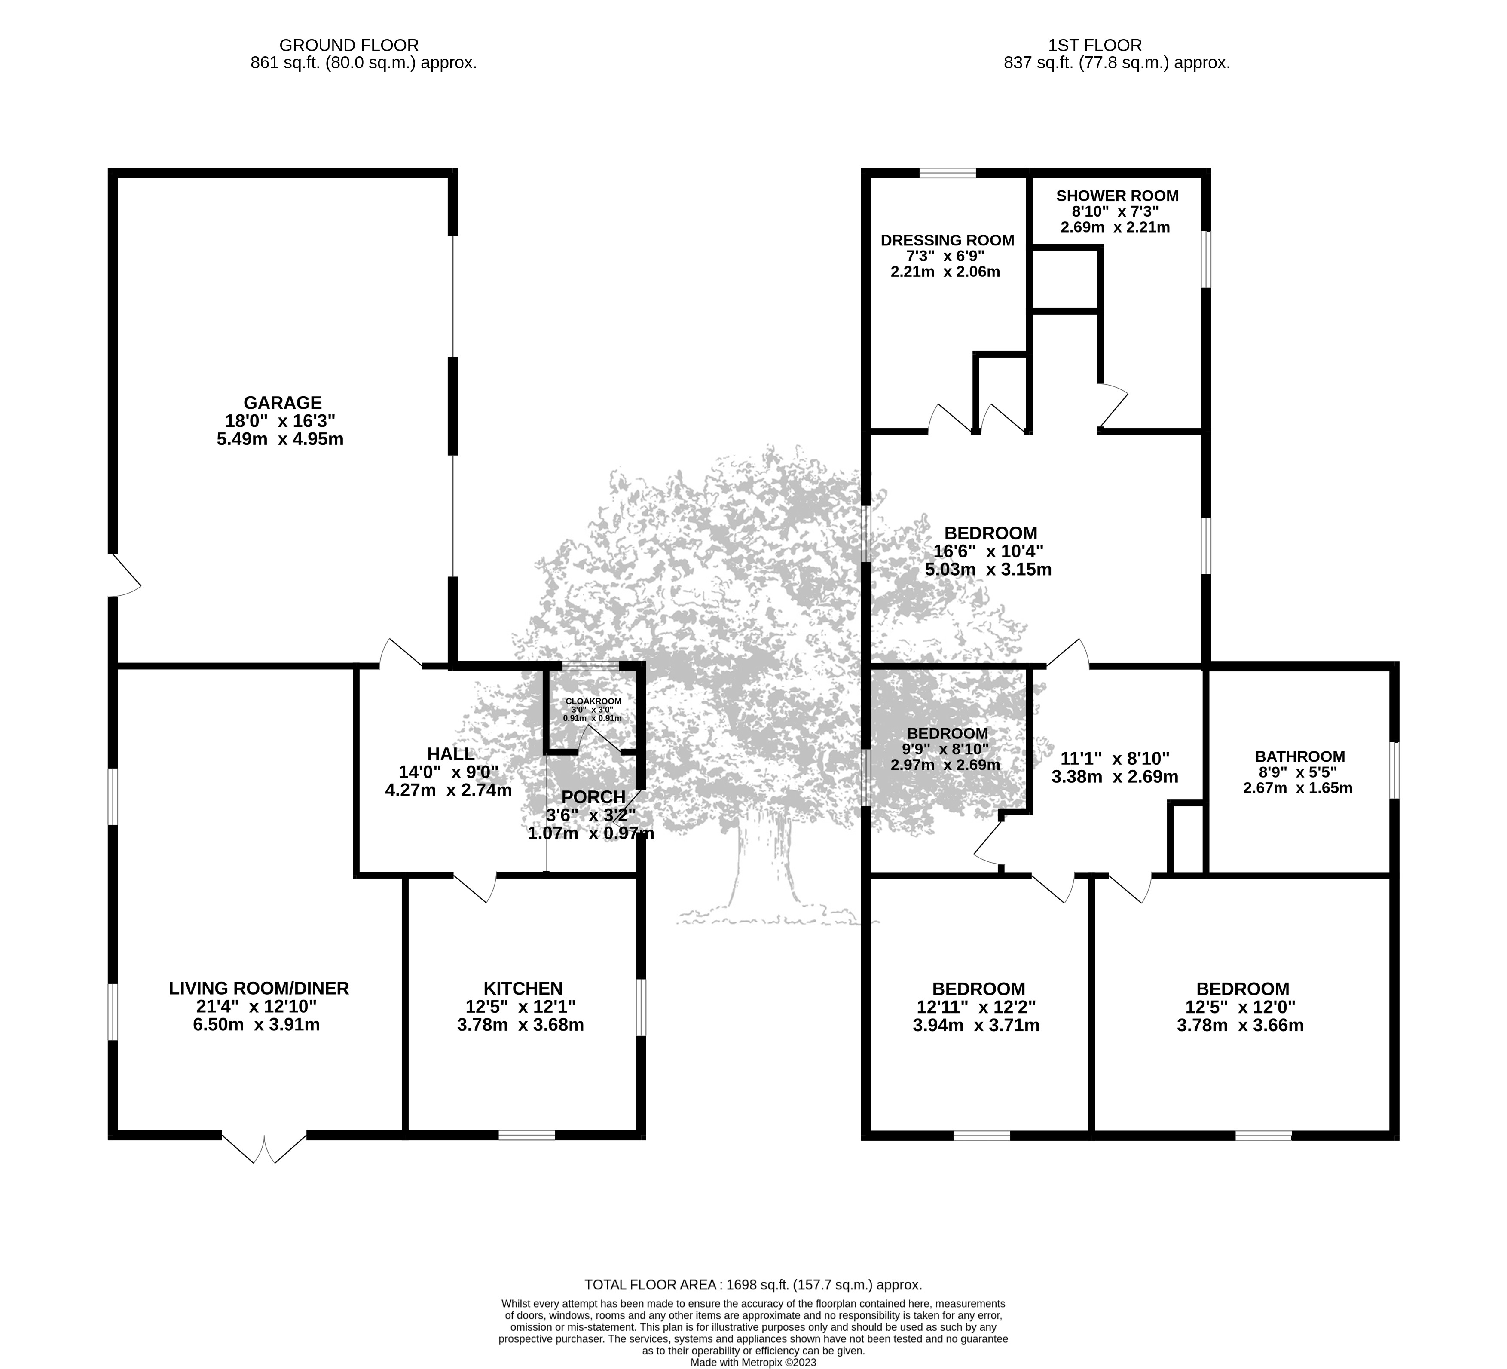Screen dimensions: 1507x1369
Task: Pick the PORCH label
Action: coord(593,797)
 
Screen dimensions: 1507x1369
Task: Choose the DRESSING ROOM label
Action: coord(947,240)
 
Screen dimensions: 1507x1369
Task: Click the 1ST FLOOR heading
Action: coord(1116,46)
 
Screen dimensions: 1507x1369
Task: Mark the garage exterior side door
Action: coord(125,575)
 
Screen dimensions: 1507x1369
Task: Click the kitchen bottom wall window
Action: coord(527,1135)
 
